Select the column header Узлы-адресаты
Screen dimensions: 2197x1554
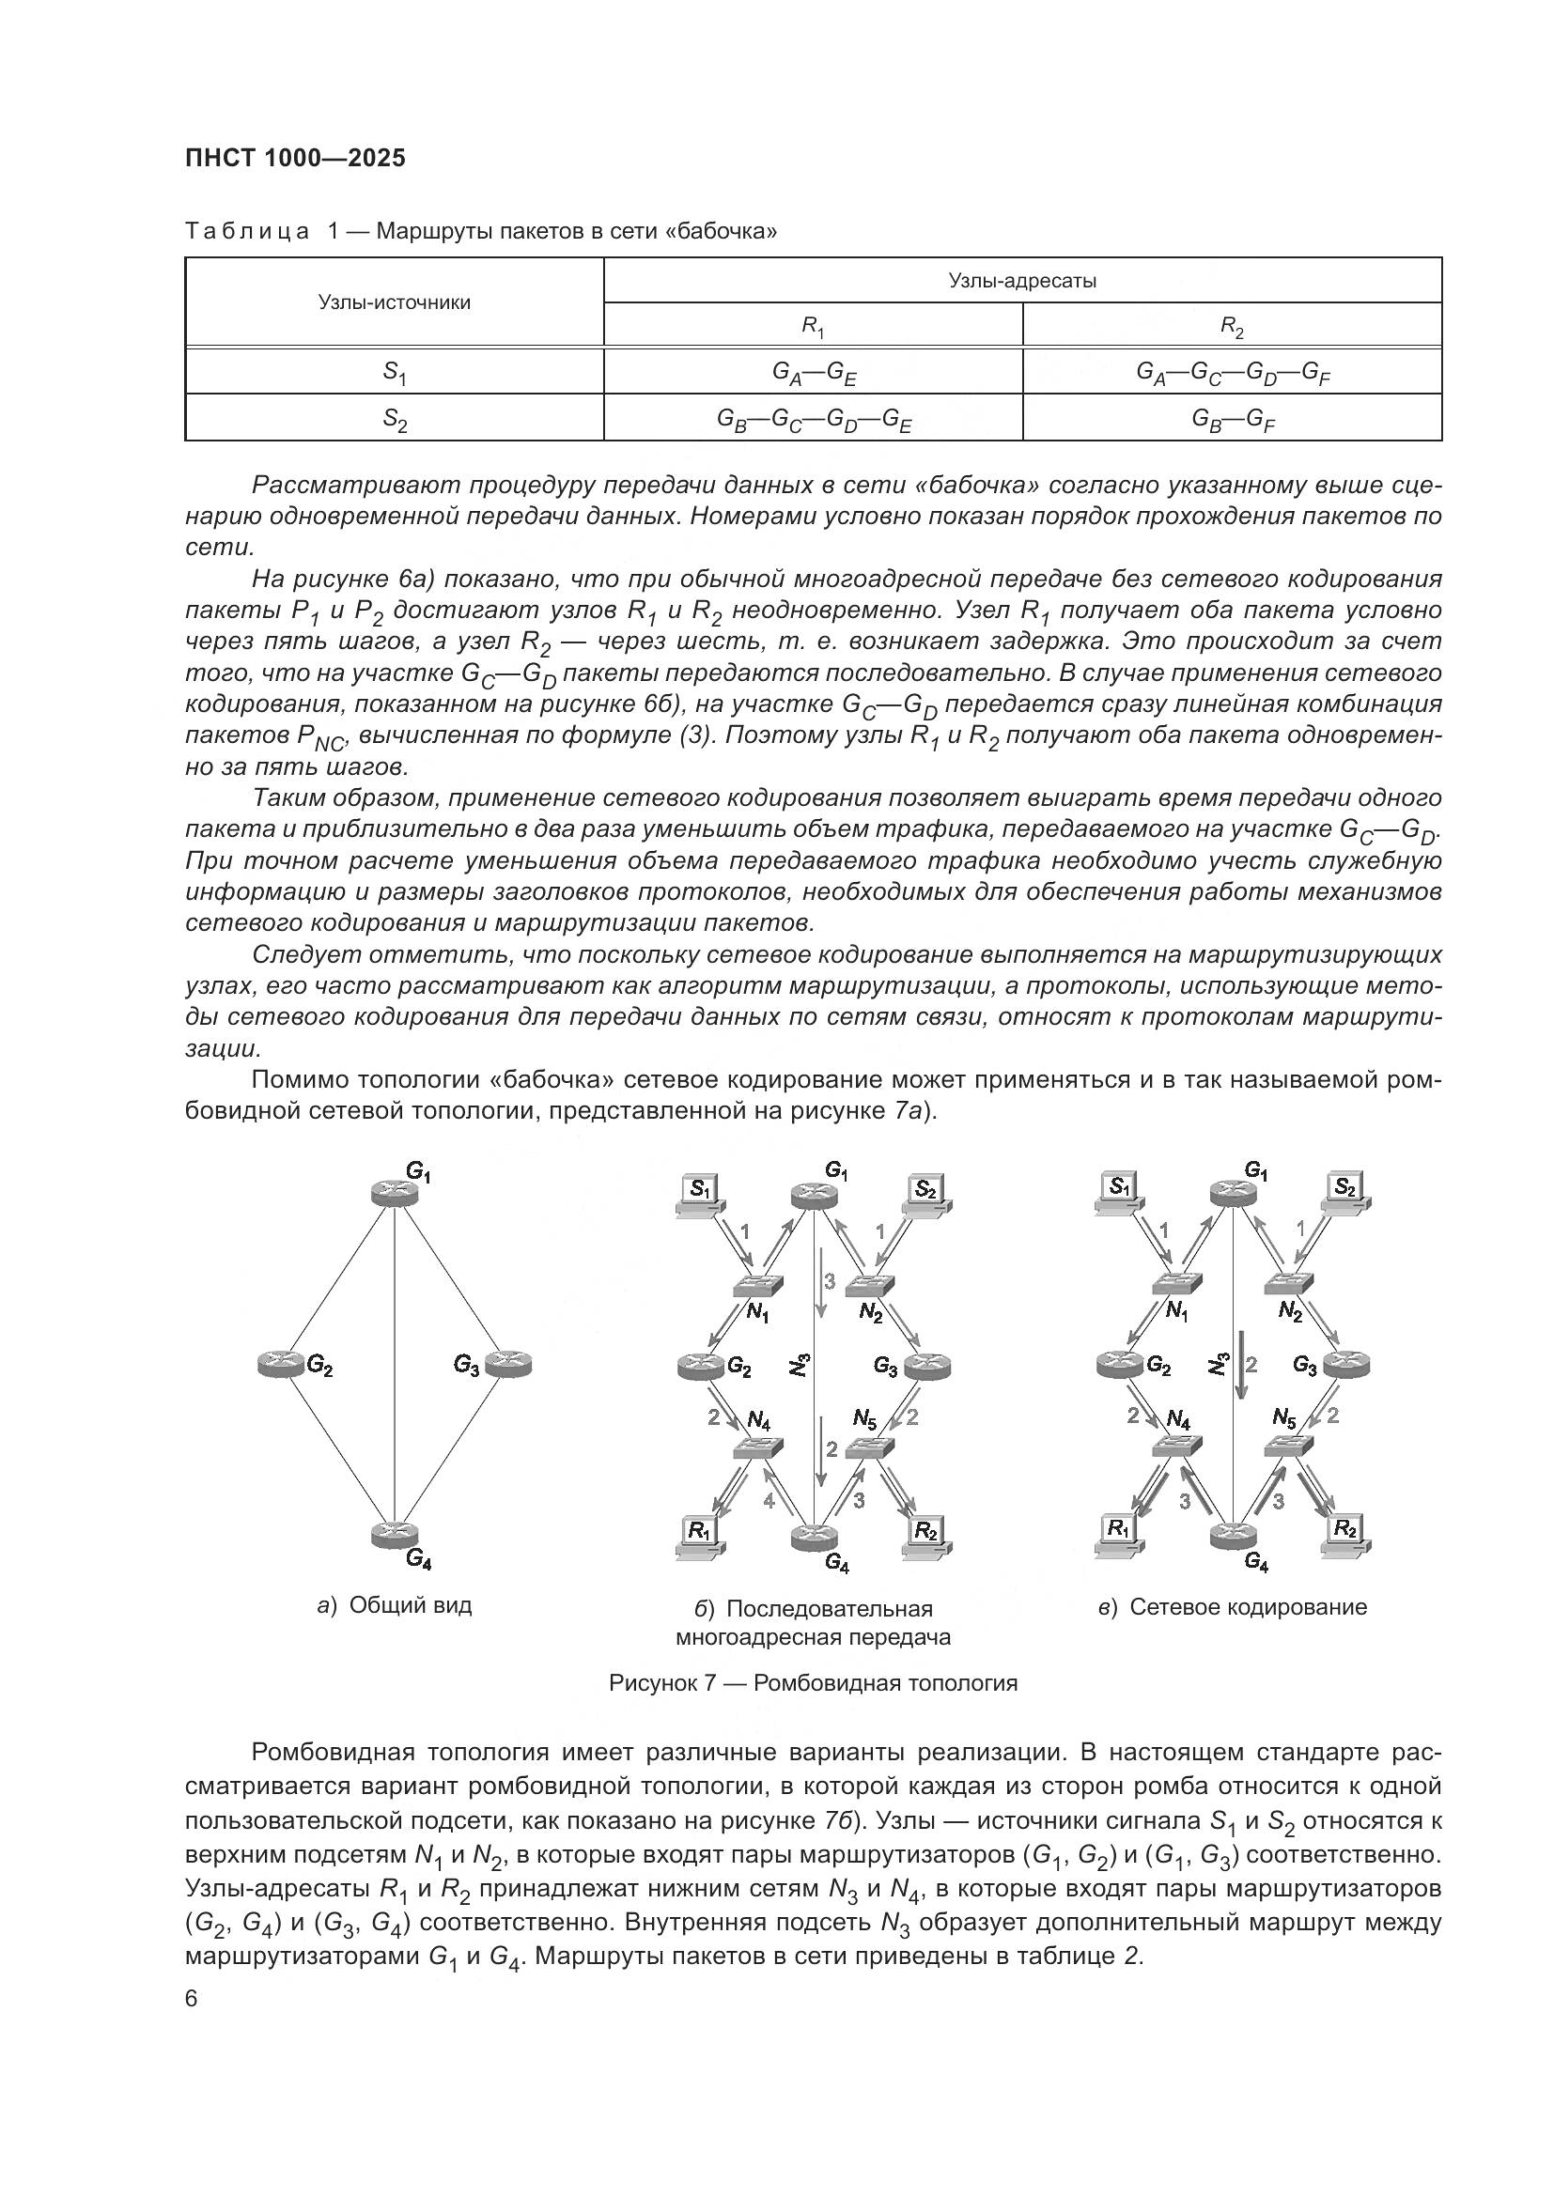pyautogui.click(x=1021, y=280)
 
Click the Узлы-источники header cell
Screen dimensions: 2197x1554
pyautogui.click(x=395, y=302)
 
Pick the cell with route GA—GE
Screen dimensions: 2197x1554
pyautogui.click(x=814, y=372)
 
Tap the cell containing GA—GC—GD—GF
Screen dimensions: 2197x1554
pyautogui.click(x=1232, y=372)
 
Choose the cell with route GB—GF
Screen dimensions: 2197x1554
pyautogui.click(x=1232, y=418)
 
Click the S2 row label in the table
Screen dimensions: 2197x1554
pyautogui.click(x=395, y=418)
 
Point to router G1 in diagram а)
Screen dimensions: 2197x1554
pyautogui.click(x=395, y=1192)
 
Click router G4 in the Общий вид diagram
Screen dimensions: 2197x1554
pyautogui.click(x=395, y=1533)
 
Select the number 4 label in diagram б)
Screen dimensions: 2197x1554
pyautogui.click(x=769, y=1501)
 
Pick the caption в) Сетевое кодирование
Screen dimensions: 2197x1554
pyautogui.click(x=1233, y=1607)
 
